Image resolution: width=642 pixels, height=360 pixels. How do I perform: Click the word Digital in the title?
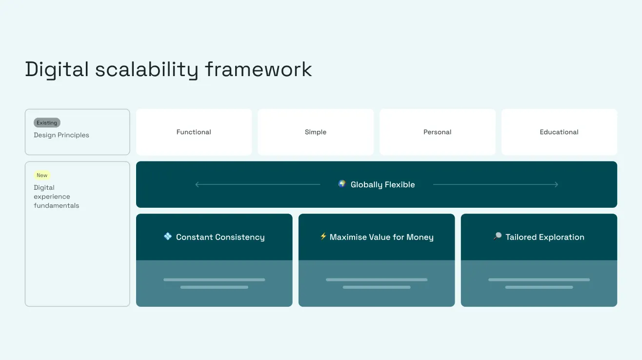(57, 69)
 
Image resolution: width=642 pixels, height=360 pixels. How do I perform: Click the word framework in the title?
(258, 69)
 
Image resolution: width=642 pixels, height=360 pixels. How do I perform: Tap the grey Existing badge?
(47, 123)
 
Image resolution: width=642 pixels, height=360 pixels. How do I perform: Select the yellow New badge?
(42, 175)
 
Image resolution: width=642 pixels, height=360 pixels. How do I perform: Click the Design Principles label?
(61, 135)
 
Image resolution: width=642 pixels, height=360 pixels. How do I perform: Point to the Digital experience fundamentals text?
(56, 197)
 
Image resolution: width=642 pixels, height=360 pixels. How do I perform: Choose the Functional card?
(194, 132)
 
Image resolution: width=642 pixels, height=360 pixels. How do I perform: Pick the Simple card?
(316, 132)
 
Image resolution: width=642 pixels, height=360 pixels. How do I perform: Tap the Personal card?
(437, 132)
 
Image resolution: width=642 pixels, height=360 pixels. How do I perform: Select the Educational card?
(559, 132)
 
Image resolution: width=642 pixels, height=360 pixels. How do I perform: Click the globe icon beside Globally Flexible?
(342, 184)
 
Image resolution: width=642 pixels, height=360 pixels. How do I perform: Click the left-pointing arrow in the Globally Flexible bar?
(197, 184)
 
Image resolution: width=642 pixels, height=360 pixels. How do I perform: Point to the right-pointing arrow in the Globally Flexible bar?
(556, 184)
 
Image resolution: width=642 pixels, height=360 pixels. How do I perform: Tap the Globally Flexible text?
(382, 184)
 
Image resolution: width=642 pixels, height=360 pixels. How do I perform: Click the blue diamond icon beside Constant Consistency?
(168, 237)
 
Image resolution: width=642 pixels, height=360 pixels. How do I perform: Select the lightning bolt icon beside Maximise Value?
(323, 237)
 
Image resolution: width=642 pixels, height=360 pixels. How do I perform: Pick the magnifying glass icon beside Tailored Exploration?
(497, 237)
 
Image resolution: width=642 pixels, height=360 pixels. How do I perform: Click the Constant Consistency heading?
(220, 237)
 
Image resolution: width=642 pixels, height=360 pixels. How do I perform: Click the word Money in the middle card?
(420, 237)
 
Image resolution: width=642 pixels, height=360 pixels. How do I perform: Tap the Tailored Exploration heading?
(544, 237)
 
